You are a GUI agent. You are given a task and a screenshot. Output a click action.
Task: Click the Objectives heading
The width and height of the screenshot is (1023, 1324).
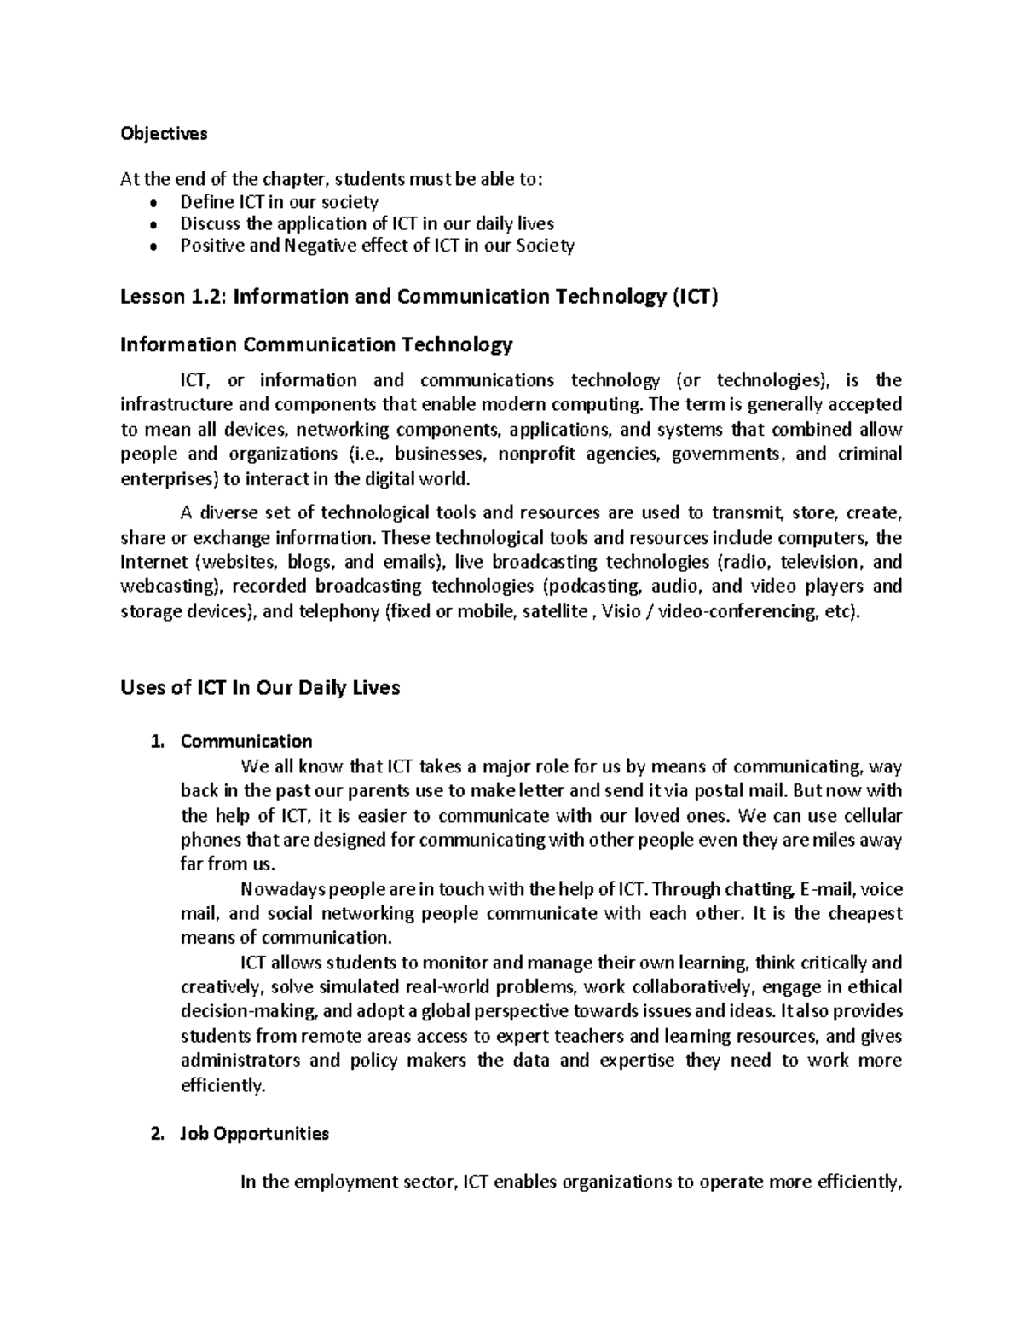[164, 134]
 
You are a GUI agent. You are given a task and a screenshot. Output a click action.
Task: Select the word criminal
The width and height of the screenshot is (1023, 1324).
[870, 454]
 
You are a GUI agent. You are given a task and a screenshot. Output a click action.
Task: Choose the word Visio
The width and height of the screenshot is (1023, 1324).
[621, 611]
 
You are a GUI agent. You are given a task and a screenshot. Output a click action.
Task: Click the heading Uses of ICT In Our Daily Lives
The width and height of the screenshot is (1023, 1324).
[260, 687]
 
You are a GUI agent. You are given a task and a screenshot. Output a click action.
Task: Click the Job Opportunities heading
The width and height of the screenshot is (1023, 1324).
[254, 1134]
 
